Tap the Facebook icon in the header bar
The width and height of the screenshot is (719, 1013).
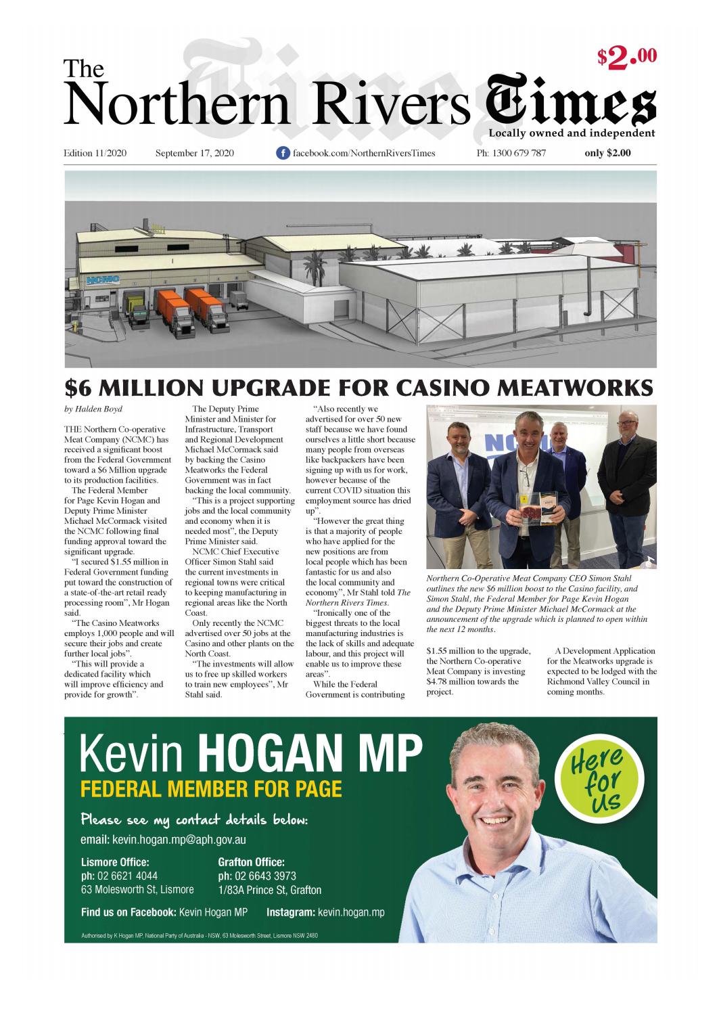283,153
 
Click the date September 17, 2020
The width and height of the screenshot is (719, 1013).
195,153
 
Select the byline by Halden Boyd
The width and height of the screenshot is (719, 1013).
93,409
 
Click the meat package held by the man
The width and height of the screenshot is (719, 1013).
532,510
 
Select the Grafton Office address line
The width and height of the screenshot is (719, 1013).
269,890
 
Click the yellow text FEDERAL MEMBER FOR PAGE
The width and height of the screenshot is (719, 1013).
211,788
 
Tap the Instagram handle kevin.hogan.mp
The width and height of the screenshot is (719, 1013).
350,912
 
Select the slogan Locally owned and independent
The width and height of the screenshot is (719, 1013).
572,133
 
